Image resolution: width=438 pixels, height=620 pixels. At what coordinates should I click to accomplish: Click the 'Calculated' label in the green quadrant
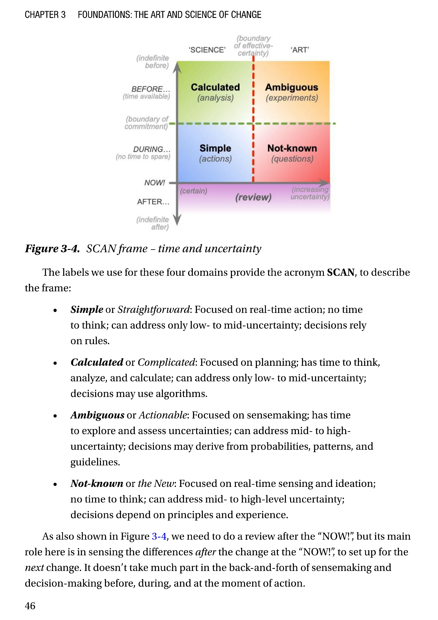[x=215, y=87]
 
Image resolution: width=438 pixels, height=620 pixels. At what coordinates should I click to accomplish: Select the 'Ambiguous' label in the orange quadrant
[x=291, y=87]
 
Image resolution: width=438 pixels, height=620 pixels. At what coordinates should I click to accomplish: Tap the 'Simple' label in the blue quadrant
[x=215, y=148]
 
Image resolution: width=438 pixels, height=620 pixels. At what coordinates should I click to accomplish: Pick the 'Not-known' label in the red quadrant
[x=292, y=148]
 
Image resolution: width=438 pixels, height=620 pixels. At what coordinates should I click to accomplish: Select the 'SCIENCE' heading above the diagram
[x=207, y=50]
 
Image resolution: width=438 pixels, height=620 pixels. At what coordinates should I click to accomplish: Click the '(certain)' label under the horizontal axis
[x=193, y=191]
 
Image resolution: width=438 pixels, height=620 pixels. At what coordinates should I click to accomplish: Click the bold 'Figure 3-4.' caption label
[x=52, y=249]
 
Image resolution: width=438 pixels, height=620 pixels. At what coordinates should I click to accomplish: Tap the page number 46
[x=30, y=606]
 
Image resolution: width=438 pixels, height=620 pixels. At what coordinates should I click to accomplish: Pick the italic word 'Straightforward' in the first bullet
[x=153, y=309]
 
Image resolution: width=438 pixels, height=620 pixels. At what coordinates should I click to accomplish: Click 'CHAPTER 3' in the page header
[x=45, y=15]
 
